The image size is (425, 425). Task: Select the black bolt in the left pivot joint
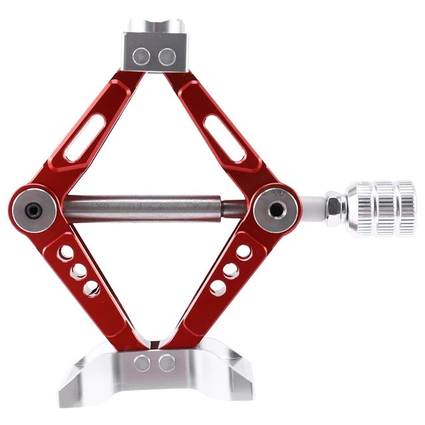32,210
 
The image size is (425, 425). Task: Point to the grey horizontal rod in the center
143,201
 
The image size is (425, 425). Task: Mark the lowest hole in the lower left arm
90,289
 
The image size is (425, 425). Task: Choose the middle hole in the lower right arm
230,270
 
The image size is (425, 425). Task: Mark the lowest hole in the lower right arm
217,288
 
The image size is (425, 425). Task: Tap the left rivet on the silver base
142,363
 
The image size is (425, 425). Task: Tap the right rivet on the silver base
167,363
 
